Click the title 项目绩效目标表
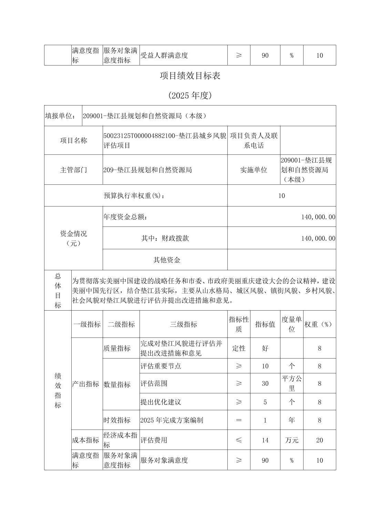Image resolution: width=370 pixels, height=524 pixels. click(x=190, y=76)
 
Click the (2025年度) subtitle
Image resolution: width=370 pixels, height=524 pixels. click(x=190, y=95)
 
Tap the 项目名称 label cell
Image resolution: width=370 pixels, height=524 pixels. click(x=73, y=141)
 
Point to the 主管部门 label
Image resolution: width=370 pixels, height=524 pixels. click(x=73, y=170)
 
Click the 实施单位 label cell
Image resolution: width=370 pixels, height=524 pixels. click(x=254, y=170)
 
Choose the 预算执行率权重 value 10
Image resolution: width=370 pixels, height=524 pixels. click(x=281, y=196)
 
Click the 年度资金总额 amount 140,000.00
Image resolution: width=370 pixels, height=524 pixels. click(x=318, y=217)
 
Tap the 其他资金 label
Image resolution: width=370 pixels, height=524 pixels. click(x=167, y=260)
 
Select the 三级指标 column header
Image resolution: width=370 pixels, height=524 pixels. click(x=183, y=324)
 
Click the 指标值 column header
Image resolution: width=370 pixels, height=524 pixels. click(x=265, y=324)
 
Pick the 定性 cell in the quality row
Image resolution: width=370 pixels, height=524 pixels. click(x=239, y=348)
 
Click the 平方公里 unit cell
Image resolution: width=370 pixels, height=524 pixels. click(x=292, y=383)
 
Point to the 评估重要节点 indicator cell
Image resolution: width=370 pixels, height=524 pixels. click(x=161, y=366)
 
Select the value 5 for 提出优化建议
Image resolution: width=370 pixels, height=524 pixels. click(x=265, y=402)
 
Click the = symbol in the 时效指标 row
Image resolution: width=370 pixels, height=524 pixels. click(x=239, y=420)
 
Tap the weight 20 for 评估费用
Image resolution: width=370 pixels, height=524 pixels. click(x=319, y=440)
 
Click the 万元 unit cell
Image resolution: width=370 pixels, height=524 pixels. click(x=292, y=440)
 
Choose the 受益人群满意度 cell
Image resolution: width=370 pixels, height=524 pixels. click(x=164, y=56)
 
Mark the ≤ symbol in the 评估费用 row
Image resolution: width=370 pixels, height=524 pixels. click(x=239, y=440)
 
